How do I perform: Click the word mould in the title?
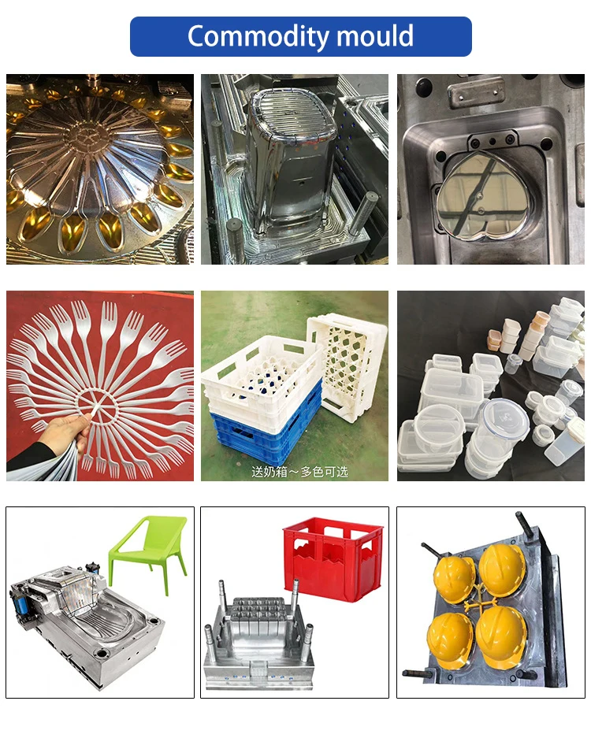point(375,36)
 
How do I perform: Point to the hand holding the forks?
point(67,429)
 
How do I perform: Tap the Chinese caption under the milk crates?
point(299,471)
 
